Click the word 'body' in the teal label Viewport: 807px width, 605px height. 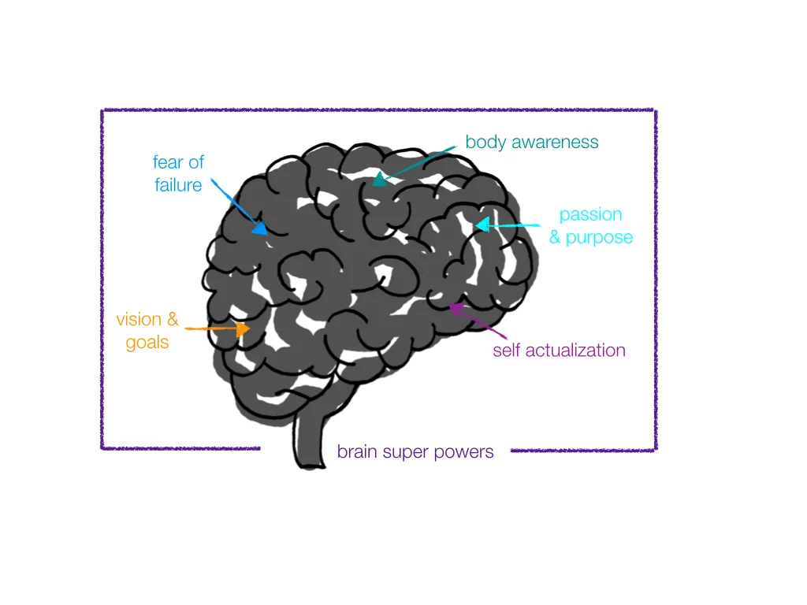(485, 143)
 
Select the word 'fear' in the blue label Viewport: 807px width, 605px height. (166, 163)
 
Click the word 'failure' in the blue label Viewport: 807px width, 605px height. (178, 186)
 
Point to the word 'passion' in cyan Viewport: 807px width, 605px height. (590, 215)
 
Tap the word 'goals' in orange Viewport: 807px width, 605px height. (147, 343)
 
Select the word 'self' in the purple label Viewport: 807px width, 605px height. (506, 351)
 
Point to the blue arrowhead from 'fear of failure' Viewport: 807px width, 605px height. (258, 228)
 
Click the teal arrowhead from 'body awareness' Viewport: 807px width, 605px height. (380, 179)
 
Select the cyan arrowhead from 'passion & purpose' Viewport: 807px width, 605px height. (482, 226)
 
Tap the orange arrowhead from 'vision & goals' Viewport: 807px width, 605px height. (243, 328)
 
